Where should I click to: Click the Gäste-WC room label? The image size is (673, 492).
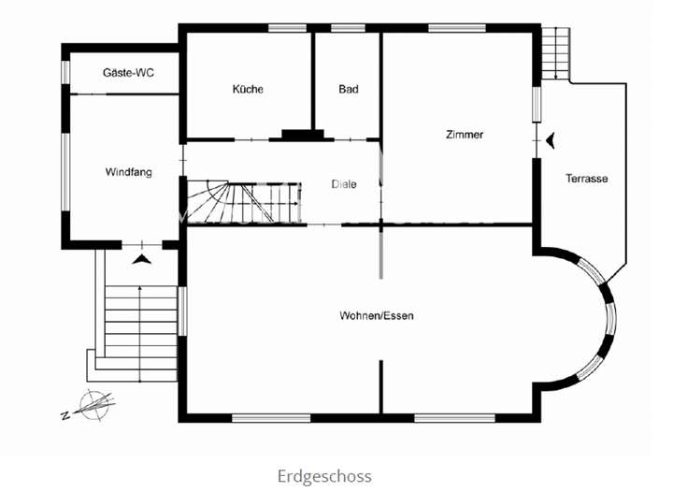tap(128, 71)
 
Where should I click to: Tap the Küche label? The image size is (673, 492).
tap(248, 90)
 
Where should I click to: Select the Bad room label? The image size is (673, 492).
tap(348, 90)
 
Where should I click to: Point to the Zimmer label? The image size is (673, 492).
tap(465, 135)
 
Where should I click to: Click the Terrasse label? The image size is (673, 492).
tap(587, 178)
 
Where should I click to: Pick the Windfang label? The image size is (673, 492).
tap(128, 172)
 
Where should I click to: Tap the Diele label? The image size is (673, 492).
tap(344, 183)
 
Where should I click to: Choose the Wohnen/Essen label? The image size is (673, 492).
tap(377, 316)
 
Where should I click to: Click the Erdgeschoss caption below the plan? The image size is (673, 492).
tap(324, 476)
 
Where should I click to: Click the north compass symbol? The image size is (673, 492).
tap(92, 404)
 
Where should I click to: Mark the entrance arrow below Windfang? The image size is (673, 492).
tap(140, 258)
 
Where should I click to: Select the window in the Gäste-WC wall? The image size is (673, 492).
tap(65, 71)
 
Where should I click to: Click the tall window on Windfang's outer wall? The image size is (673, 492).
tap(65, 172)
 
